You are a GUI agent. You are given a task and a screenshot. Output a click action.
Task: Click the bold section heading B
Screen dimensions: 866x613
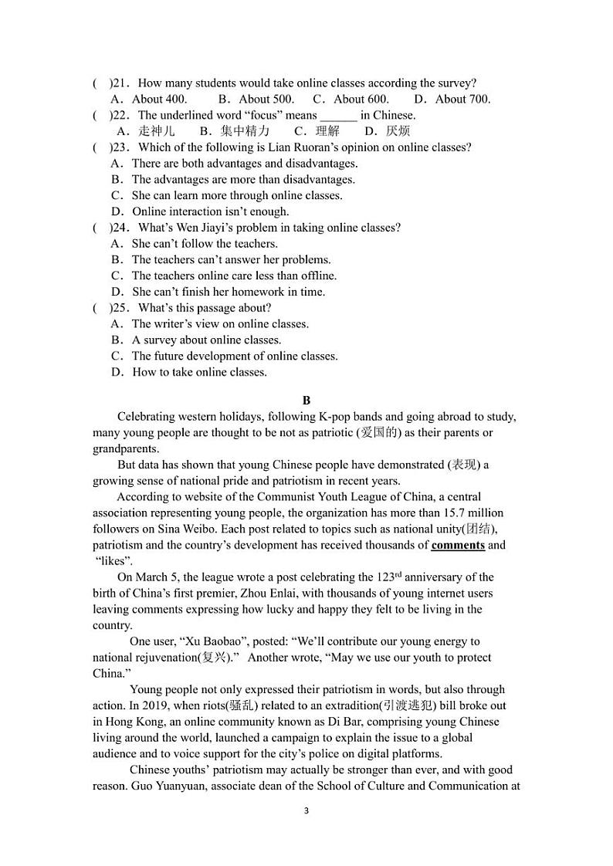pos(306,400)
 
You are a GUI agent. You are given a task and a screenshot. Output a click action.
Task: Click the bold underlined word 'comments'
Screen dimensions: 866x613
pos(458,545)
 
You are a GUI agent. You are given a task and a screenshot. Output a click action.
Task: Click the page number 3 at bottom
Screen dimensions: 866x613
pos(306,811)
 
